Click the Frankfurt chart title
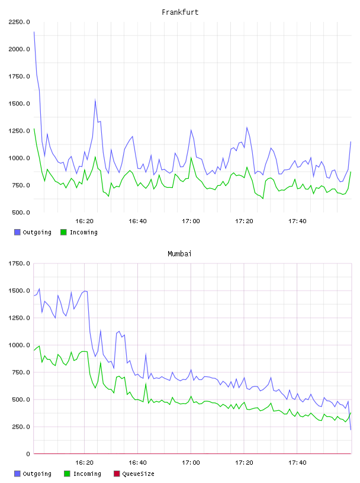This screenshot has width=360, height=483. click(180, 12)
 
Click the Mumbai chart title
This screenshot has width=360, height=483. click(179, 254)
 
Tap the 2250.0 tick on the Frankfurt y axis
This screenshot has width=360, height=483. click(19, 22)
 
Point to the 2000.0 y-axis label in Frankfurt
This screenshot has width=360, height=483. click(19, 49)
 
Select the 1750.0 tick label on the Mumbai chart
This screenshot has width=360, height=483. click(19, 263)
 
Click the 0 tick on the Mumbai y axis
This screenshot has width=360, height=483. click(28, 454)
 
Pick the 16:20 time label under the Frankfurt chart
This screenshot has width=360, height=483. click(84, 221)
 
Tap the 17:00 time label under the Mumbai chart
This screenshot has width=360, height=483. click(191, 463)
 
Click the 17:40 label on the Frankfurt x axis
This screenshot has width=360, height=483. click(297, 221)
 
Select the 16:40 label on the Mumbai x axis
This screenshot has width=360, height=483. click(137, 463)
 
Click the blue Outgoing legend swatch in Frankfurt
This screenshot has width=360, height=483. click(17, 232)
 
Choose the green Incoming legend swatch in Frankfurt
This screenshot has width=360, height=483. click(63, 232)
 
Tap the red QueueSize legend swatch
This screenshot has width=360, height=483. click(117, 474)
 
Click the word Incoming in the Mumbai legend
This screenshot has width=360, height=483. click(87, 474)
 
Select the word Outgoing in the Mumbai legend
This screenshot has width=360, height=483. click(37, 474)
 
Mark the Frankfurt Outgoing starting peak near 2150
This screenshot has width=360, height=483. click(34, 32)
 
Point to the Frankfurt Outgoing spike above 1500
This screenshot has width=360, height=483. click(95, 100)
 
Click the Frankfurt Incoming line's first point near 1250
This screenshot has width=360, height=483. click(34, 129)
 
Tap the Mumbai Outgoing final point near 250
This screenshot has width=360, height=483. click(351, 429)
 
